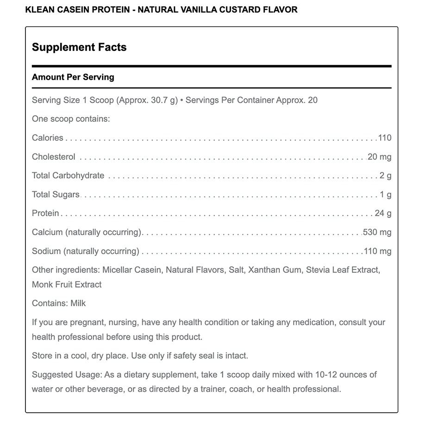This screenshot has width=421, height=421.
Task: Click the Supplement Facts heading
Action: pyautogui.click(x=79, y=47)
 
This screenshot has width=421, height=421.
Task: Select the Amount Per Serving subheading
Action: pyautogui.click(x=73, y=77)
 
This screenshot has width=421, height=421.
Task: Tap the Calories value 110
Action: pyautogui.click(x=384, y=138)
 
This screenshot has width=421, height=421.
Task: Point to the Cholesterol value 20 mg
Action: pyautogui.click(x=379, y=157)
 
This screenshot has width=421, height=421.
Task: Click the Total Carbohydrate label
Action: pyautogui.click(x=68, y=176)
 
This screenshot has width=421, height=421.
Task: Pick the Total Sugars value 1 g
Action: pyautogui.click(x=385, y=195)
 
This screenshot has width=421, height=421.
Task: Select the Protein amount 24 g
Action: pyautogui.click(x=383, y=214)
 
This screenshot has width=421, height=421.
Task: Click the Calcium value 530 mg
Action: pyautogui.click(x=377, y=232)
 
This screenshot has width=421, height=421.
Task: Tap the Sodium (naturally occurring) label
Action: pyautogui.click(x=86, y=251)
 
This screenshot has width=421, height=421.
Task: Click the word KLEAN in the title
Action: pyautogui.click(x=39, y=9)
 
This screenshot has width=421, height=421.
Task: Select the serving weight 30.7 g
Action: pyautogui.click(x=162, y=100)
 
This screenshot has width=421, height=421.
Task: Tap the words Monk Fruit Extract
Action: pyautogui.click(x=67, y=284)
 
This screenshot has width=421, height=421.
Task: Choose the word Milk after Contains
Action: pyautogui.click(x=78, y=303)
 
